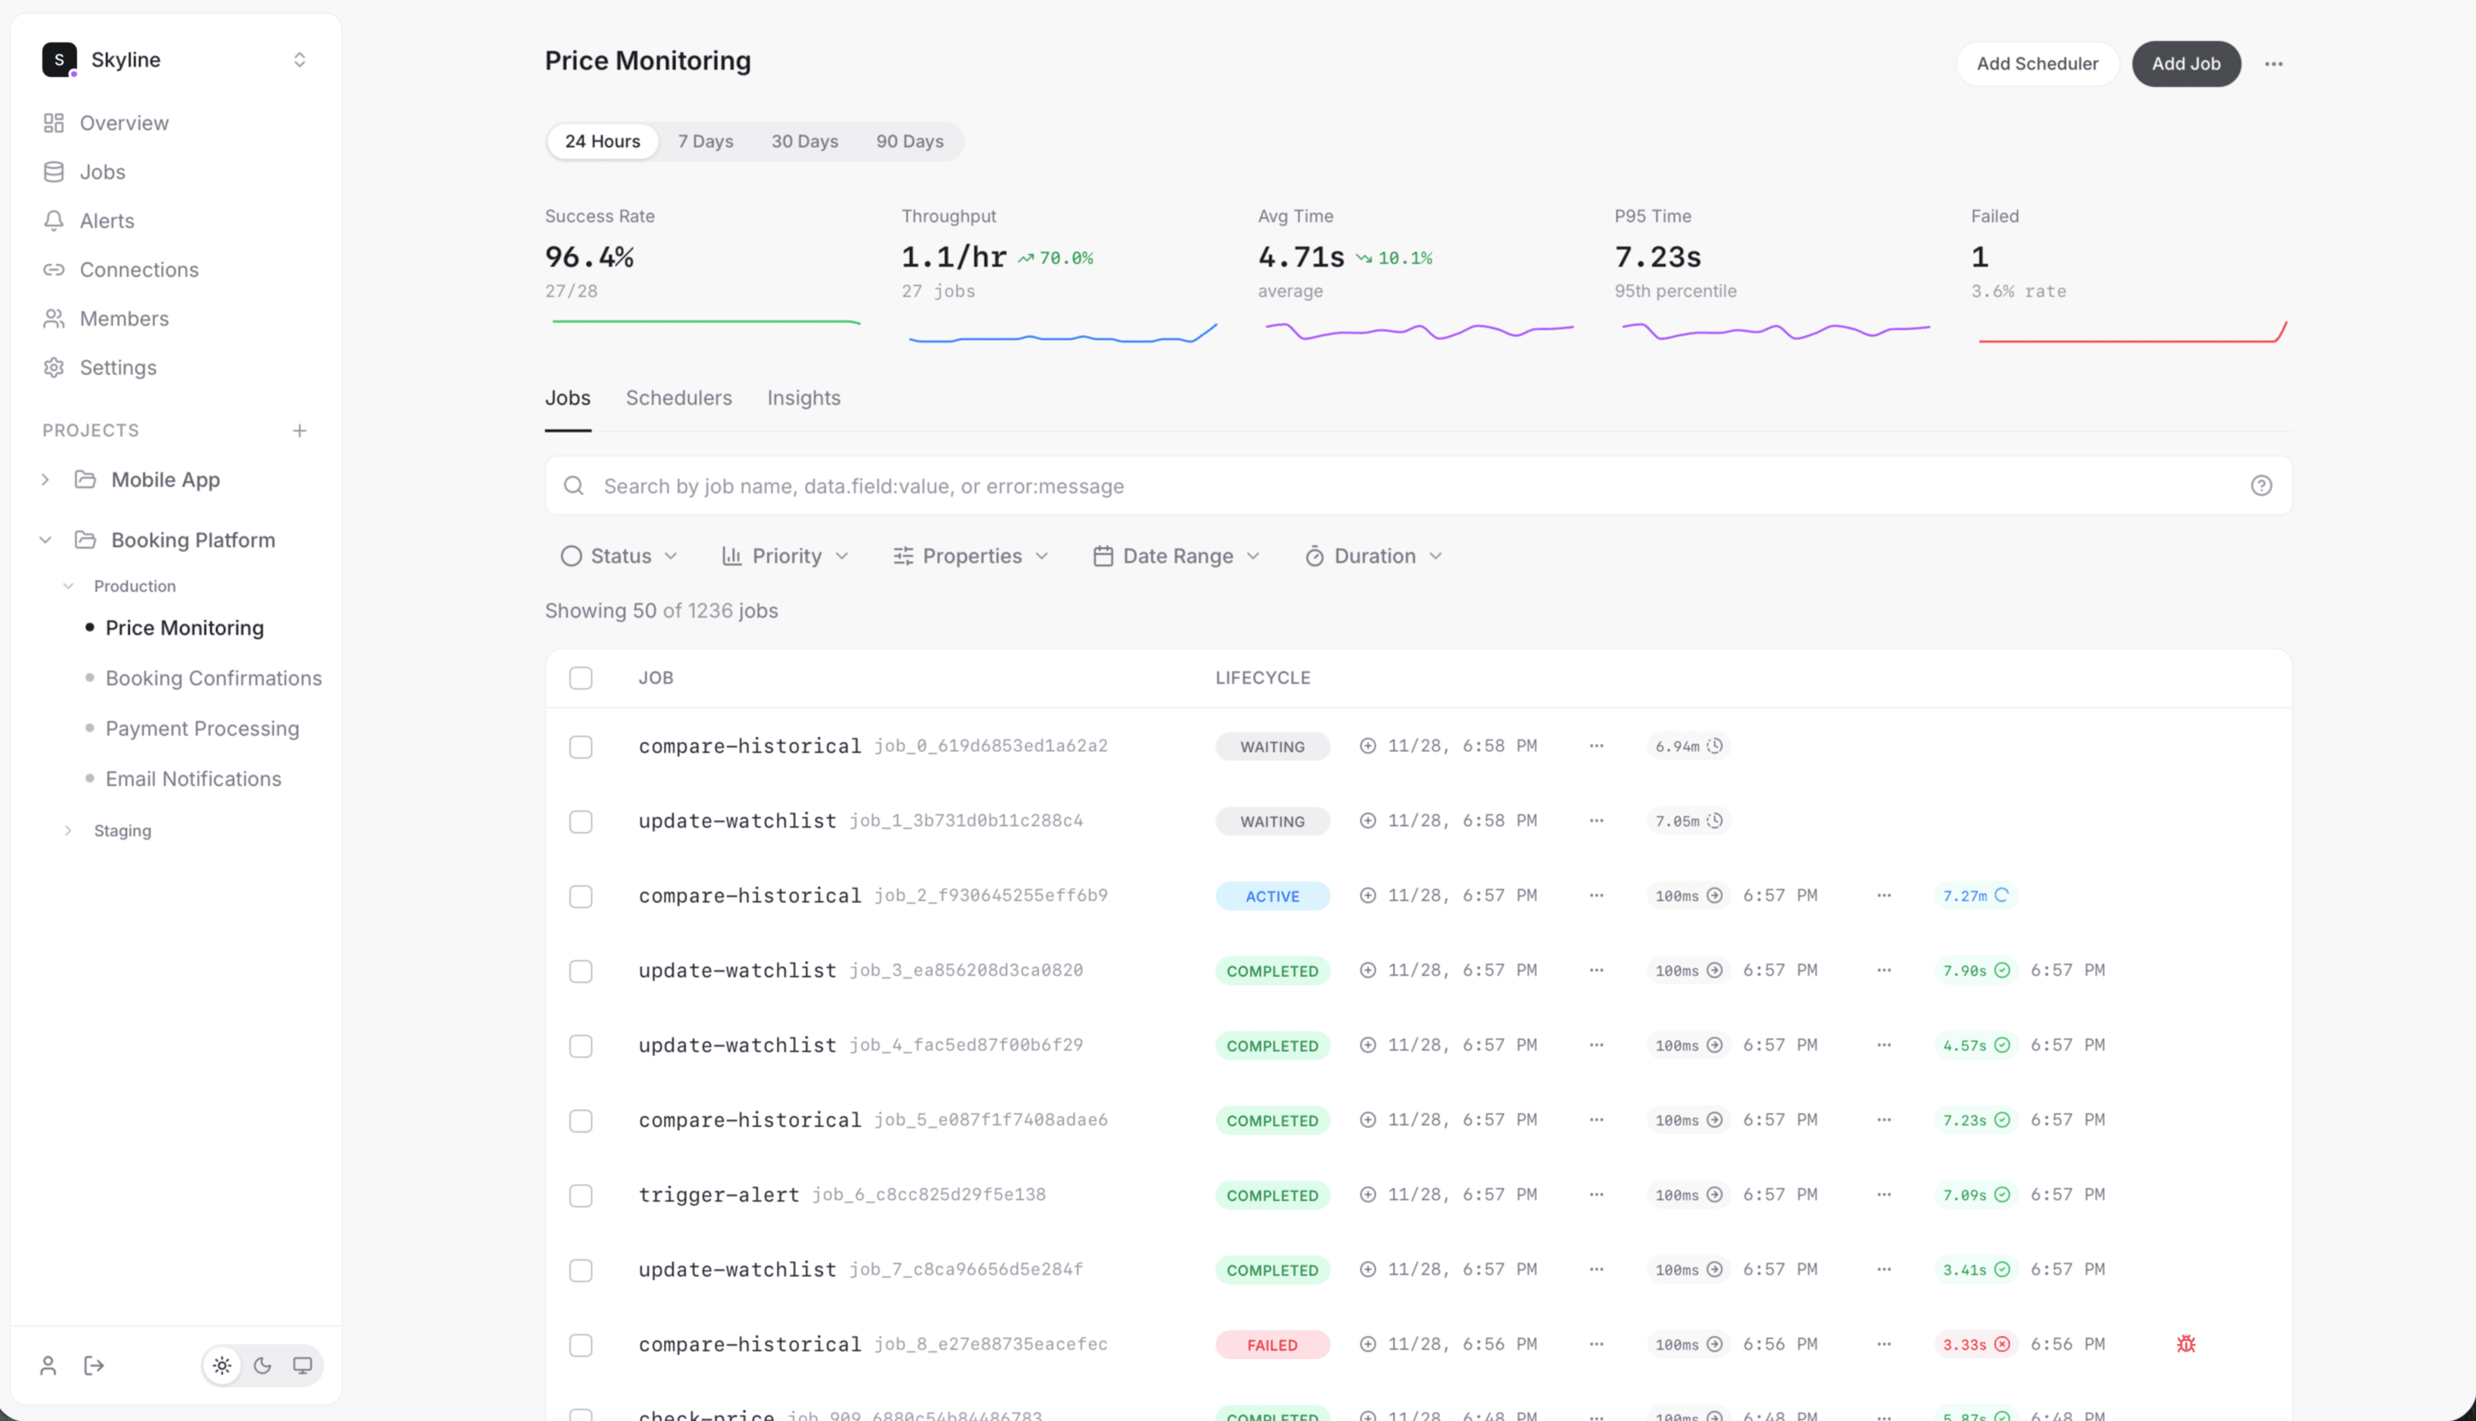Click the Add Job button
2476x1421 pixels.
click(x=2186, y=63)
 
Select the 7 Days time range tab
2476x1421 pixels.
click(x=705, y=142)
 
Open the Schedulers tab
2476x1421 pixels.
click(x=678, y=398)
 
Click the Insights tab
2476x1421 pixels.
click(x=803, y=398)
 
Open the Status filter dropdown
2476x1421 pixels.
click(x=618, y=557)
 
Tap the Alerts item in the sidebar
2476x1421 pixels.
click(x=106, y=221)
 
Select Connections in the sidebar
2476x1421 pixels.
click(x=139, y=270)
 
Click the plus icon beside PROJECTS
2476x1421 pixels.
click(x=300, y=430)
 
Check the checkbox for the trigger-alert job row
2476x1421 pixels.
click(x=580, y=1195)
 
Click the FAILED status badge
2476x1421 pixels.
click(x=1271, y=1345)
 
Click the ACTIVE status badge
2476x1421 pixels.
click(x=1271, y=896)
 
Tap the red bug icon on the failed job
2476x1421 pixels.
click(x=2186, y=1344)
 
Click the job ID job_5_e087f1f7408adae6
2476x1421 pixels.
click(x=990, y=1120)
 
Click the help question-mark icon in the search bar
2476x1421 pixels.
click(x=2260, y=486)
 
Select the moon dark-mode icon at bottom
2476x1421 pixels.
click(x=262, y=1366)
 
